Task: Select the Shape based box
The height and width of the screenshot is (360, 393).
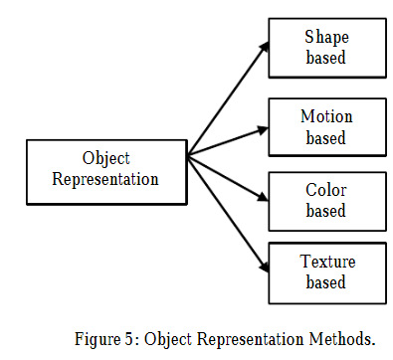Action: (325, 47)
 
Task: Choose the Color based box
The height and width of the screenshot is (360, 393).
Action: (325, 199)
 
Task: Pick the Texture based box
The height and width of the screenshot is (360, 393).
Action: (325, 271)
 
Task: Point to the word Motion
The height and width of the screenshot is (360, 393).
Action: (325, 115)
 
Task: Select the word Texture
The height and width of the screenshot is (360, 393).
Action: (325, 263)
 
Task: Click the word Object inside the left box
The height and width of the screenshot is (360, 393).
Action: (105, 157)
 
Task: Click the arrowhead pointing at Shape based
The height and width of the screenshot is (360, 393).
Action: (264, 46)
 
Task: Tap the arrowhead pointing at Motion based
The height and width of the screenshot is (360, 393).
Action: (264, 126)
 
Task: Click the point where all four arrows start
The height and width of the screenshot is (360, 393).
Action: (187, 155)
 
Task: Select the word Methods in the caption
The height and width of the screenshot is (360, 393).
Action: (351, 337)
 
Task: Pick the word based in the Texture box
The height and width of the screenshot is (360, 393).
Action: (325, 282)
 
